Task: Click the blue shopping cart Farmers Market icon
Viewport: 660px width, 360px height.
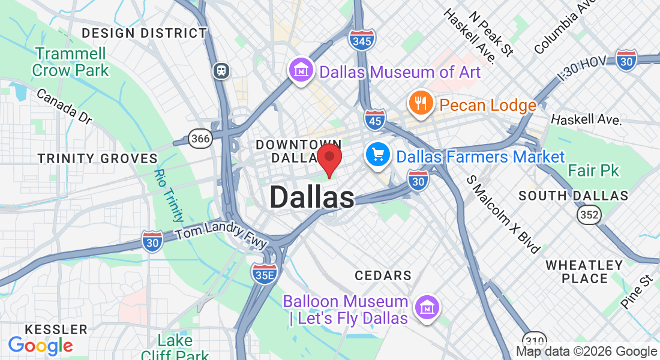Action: pyautogui.click(x=378, y=156)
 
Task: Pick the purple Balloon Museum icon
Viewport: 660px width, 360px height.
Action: pyautogui.click(x=427, y=308)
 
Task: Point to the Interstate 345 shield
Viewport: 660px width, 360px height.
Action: pyautogui.click(x=362, y=39)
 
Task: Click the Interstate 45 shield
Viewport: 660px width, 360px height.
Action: pyautogui.click(x=375, y=119)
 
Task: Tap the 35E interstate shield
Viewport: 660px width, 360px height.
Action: pyautogui.click(x=264, y=274)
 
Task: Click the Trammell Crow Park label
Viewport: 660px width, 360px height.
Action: pyautogui.click(x=71, y=62)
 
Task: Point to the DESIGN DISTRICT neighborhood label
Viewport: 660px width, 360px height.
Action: pyautogui.click(x=144, y=33)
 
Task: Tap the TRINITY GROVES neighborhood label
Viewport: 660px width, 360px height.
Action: pyautogui.click(x=98, y=158)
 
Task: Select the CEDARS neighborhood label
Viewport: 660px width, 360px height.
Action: pyautogui.click(x=383, y=276)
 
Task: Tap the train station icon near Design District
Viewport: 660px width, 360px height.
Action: pyautogui.click(x=222, y=71)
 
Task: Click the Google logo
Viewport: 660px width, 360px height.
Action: pyautogui.click(x=40, y=346)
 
